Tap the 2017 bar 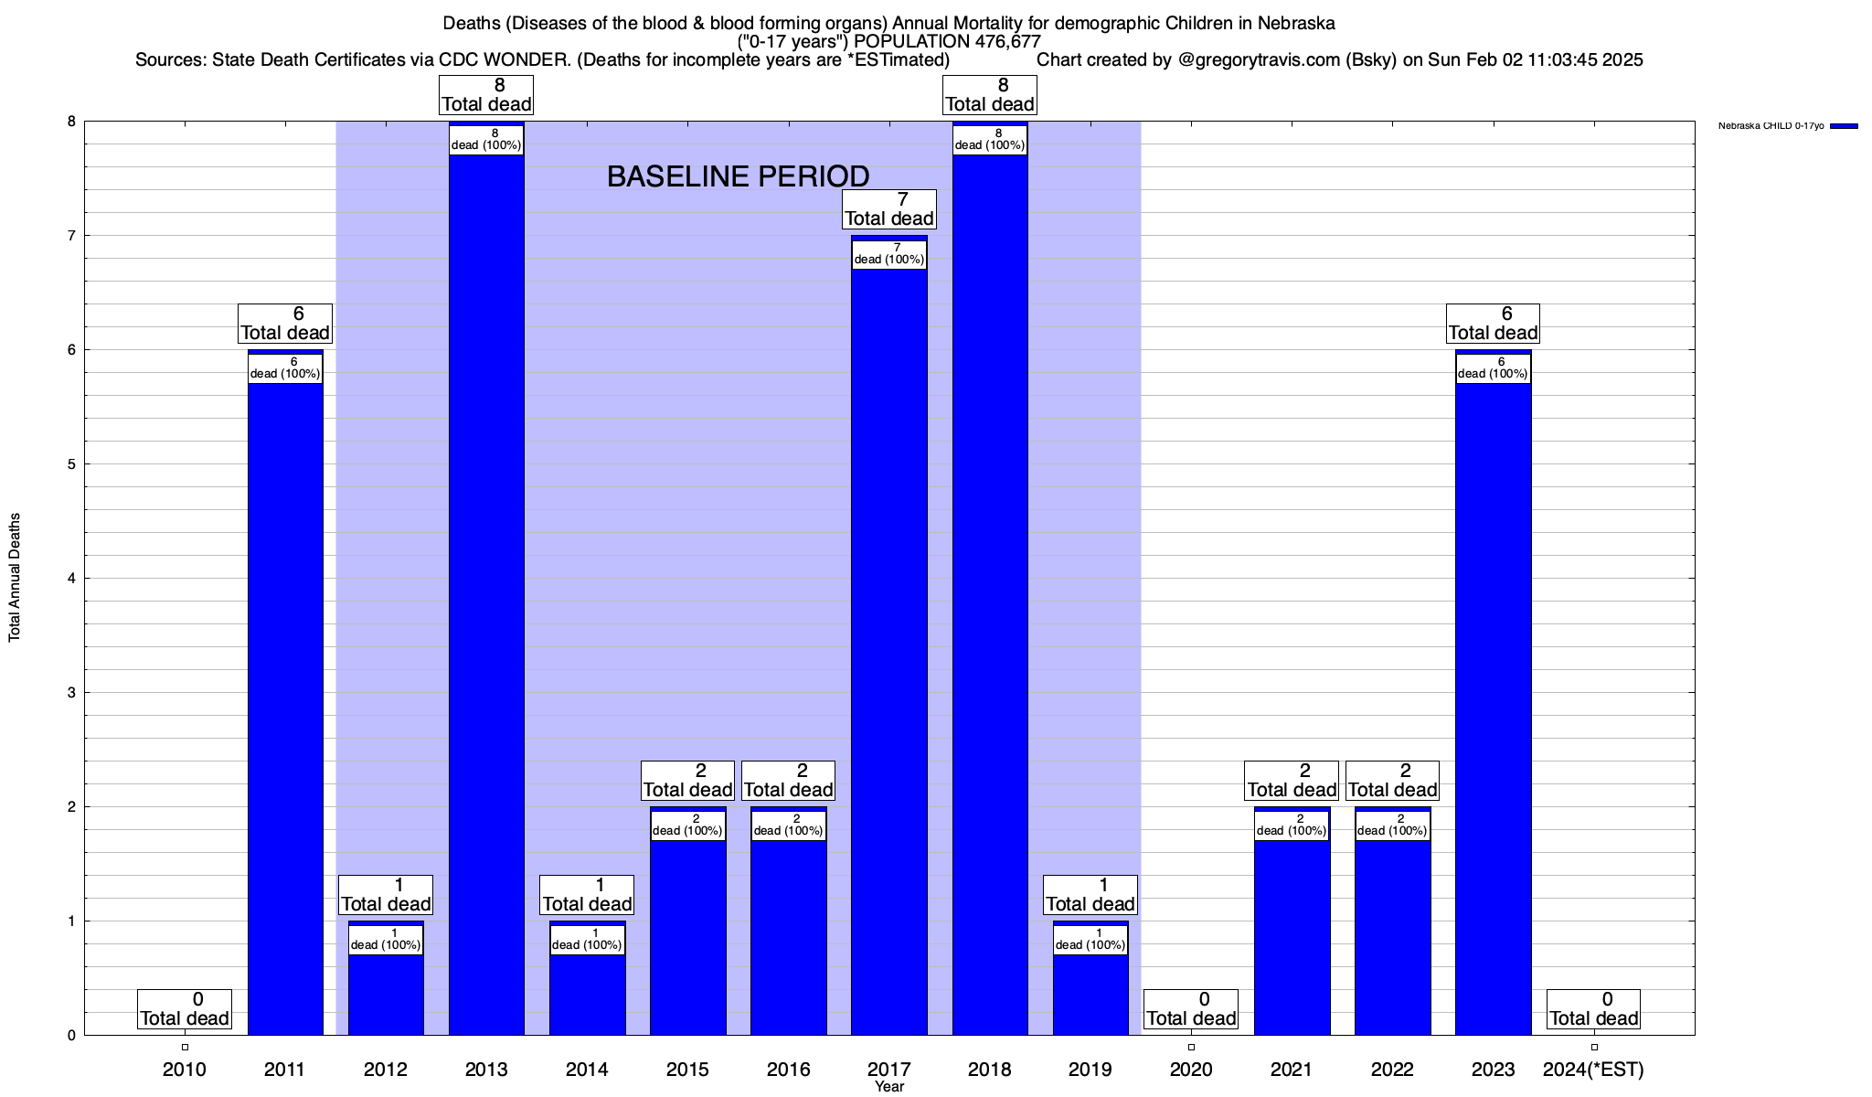888,658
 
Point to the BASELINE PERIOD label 738,176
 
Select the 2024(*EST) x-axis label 1593,1070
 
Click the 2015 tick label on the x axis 687,1070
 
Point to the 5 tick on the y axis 70,464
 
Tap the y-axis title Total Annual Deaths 15,577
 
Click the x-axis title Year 888,1087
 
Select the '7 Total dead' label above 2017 888,209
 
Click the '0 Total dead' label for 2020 1191,1009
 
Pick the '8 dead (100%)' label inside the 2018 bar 990,139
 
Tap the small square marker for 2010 185,1047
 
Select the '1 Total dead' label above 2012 386,895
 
